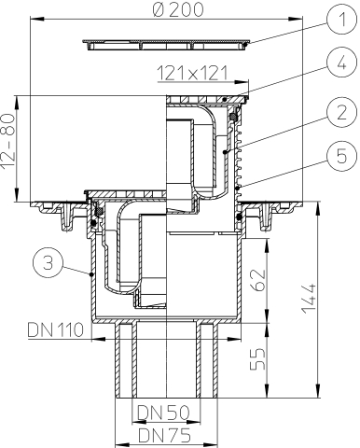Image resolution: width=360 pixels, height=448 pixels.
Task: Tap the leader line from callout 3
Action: tap(69, 270)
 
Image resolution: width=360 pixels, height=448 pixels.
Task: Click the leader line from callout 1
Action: tap(290, 34)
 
